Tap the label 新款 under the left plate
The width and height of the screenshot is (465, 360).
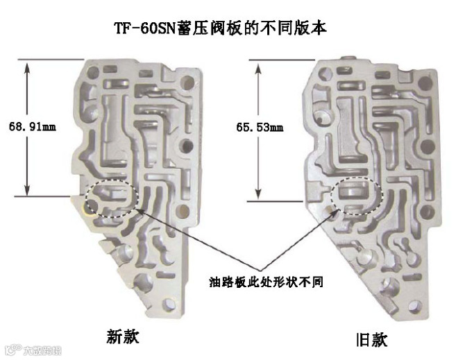coord(122,336)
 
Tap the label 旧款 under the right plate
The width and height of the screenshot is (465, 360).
coord(371,339)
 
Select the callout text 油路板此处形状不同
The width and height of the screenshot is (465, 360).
coord(267,282)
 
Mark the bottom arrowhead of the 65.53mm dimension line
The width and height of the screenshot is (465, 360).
coord(257,194)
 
